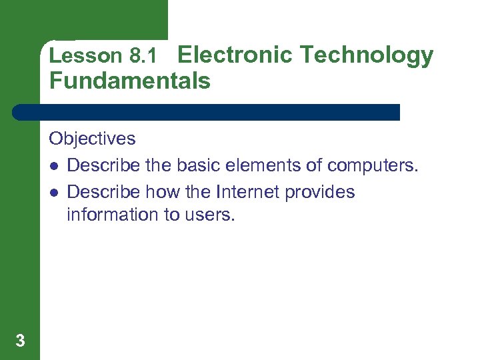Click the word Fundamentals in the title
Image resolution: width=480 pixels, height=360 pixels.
[129, 81]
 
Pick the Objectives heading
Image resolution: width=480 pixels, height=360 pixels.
[92, 139]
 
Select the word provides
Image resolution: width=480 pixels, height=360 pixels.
[320, 193]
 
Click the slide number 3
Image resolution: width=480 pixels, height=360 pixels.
[20, 341]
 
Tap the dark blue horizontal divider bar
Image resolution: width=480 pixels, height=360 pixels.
[207, 112]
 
